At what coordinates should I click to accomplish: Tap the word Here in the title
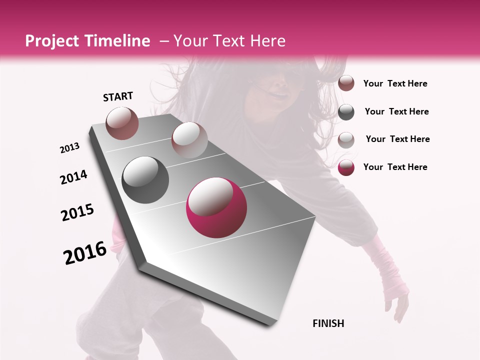[267, 41]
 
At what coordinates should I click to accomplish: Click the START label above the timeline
[118, 96]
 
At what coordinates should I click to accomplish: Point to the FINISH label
[328, 323]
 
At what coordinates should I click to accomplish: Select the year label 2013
[69, 148]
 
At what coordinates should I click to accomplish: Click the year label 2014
[73, 177]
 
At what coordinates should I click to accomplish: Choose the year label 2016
[85, 253]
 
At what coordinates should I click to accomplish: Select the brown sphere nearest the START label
[122, 123]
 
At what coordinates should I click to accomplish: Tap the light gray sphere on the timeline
[189, 139]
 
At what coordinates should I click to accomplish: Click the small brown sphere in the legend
[346, 83]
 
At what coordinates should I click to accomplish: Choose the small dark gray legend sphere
[346, 112]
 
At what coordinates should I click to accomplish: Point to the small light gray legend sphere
[346, 140]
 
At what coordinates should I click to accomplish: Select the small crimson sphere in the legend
[346, 167]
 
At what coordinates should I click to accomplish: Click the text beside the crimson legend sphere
[395, 167]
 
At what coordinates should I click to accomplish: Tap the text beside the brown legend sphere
[395, 83]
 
